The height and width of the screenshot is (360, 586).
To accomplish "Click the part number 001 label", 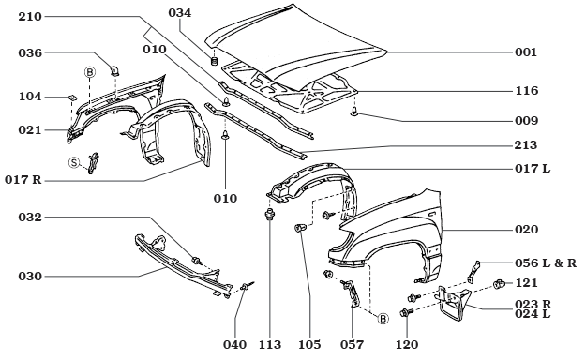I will point(525,53).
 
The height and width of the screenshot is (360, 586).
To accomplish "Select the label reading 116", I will point(525,93).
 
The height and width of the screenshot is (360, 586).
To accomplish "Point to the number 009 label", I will point(525,121).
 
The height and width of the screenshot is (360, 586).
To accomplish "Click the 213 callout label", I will point(525,145).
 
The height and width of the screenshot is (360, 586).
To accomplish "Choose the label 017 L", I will point(530,170).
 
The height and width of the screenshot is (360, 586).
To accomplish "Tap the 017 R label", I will point(27,179).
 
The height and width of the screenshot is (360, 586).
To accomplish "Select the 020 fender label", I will point(525,230).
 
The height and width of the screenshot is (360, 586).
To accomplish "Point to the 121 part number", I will point(525,283).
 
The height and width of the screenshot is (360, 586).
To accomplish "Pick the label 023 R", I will point(530,303).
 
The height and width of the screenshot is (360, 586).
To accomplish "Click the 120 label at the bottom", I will point(407,345).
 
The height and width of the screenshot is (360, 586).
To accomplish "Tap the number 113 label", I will point(271,345).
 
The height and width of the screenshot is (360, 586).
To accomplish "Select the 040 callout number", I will point(235,345).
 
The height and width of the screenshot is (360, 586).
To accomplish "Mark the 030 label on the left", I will point(31,276).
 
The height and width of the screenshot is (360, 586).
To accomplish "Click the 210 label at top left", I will point(31,17).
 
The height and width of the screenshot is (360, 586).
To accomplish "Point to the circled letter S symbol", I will point(73,163).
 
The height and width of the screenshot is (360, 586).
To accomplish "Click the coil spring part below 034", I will point(215,62).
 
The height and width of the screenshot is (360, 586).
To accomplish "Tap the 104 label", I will point(31,97).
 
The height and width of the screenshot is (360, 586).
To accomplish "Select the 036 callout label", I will point(31,53).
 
